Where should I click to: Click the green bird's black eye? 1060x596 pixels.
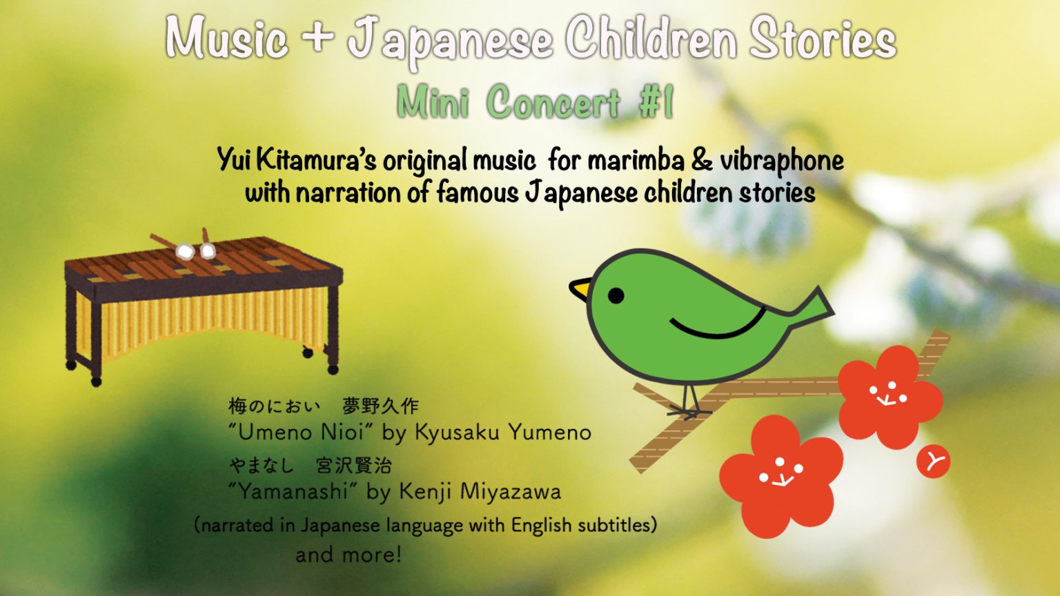click(x=616, y=295)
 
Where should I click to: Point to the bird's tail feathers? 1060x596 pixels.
click(x=810, y=308)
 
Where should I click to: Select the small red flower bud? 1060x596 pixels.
click(x=933, y=461)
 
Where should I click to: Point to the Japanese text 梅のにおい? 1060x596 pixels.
click(x=274, y=406)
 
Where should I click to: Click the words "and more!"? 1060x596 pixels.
click(x=349, y=555)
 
